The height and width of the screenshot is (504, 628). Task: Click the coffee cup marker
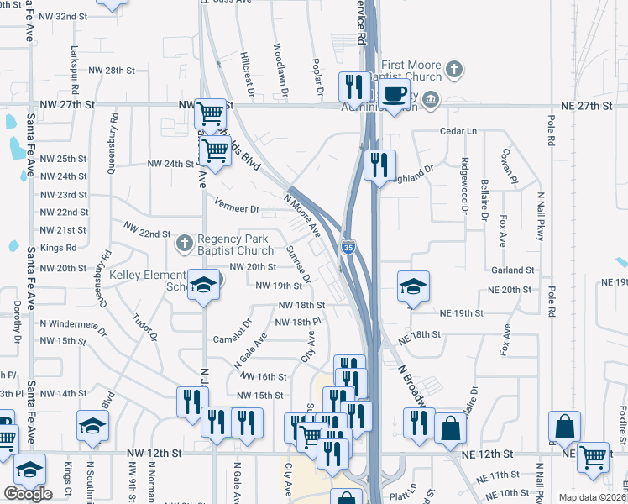393,94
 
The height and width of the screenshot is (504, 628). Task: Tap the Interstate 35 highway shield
348,247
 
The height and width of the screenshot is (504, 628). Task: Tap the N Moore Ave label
302,215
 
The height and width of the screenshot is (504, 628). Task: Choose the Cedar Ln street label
458,132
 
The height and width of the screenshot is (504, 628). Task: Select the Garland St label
513,270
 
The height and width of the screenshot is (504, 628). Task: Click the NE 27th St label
584,106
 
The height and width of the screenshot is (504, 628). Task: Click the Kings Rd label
58,248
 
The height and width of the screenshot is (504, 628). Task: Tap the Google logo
28,493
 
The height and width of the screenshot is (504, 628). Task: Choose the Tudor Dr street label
144,327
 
